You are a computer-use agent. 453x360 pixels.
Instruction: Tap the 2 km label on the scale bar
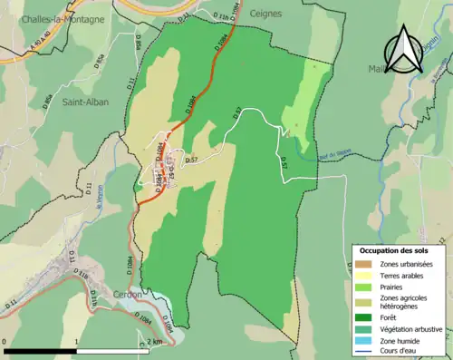154,341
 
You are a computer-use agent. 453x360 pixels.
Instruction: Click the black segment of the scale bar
41,349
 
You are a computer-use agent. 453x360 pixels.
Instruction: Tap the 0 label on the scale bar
6,341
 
